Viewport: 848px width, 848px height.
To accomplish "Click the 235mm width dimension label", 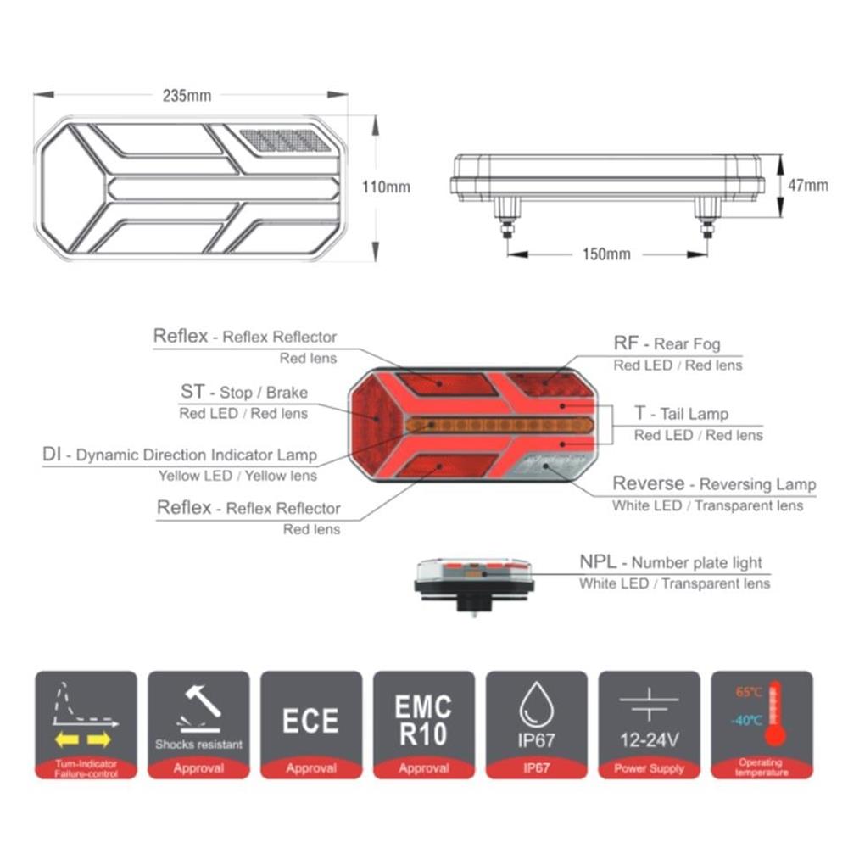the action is tap(187, 96).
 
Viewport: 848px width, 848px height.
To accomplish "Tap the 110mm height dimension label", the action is tap(386, 187).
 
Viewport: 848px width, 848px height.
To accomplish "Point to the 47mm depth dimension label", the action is tap(808, 186).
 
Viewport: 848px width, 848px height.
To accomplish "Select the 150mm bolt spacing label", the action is tap(606, 254).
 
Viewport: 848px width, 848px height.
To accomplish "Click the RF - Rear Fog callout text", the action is tap(667, 343).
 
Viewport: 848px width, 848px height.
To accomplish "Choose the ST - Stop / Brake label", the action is tap(244, 392).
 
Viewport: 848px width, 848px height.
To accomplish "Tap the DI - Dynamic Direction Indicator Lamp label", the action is tap(180, 455).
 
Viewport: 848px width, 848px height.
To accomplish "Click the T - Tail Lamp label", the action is tap(682, 414).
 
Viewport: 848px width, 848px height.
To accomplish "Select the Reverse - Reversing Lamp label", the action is tap(714, 483).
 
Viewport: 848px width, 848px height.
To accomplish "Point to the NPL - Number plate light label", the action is tap(671, 562).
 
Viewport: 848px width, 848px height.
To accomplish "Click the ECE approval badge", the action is tap(311, 725).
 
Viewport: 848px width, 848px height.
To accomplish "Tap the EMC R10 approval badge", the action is tap(424, 725).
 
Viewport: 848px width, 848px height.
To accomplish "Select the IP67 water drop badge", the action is tap(537, 725).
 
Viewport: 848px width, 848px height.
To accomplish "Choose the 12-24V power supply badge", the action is tap(649, 725).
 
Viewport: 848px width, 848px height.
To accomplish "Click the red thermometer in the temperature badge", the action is tap(775, 714).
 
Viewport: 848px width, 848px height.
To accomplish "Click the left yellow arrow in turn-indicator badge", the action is tap(67, 739).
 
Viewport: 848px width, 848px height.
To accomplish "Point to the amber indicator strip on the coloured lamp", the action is tap(499, 425).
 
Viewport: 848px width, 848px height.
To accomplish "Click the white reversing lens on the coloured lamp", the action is tap(554, 466).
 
